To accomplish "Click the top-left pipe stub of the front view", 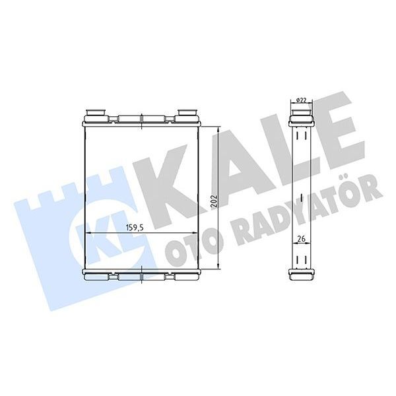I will click(x=96, y=114).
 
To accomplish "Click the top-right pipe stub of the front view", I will click(x=188, y=114).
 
